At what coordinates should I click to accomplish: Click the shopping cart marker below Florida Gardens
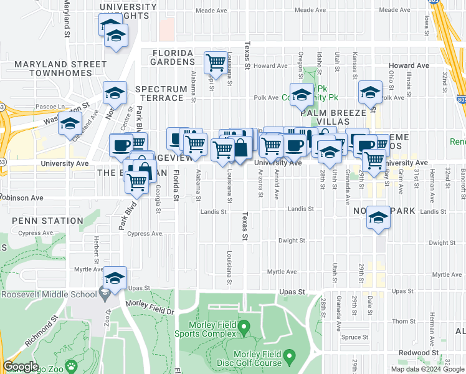tap(216, 62)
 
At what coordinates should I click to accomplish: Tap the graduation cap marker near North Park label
tap(378, 218)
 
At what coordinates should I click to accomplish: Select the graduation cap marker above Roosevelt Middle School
tap(115, 278)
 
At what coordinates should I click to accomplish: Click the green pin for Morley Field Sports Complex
tap(244, 326)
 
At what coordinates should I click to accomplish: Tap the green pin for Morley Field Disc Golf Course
tap(288, 358)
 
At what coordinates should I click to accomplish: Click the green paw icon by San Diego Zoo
tap(71, 366)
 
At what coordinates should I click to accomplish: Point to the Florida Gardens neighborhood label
tap(173, 57)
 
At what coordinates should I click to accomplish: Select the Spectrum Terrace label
tap(161, 93)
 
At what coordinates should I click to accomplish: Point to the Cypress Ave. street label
tap(145, 234)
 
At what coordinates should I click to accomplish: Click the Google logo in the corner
tap(21, 367)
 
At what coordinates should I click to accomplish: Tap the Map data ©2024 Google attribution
tap(426, 370)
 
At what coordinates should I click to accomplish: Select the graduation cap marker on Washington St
tap(70, 123)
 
